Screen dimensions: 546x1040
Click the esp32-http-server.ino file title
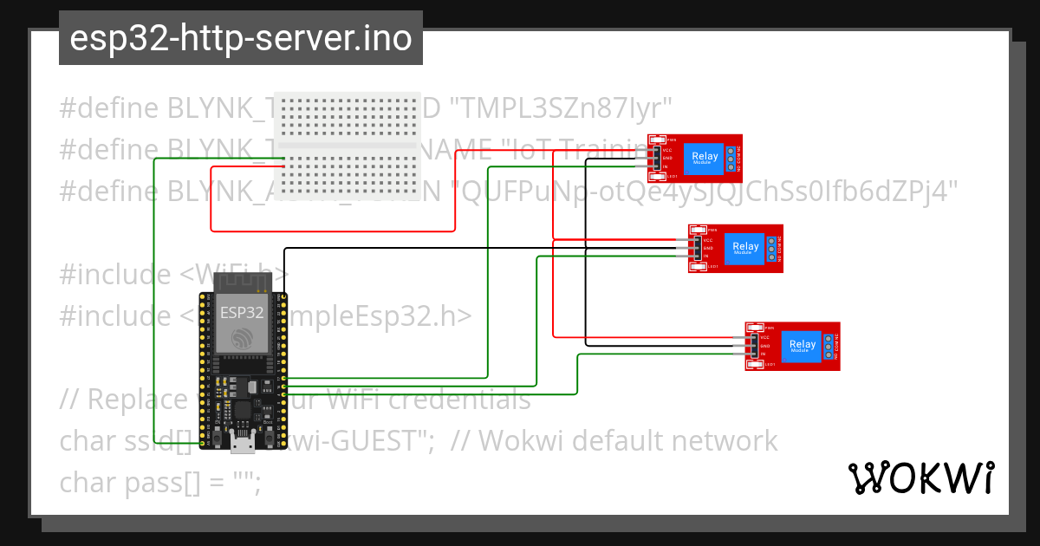tap(240, 38)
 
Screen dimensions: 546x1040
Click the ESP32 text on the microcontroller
tap(242, 312)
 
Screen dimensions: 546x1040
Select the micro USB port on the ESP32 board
tap(242, 445)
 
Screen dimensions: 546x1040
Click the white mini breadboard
tap(347, 145)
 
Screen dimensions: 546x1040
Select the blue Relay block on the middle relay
tap(744, 248)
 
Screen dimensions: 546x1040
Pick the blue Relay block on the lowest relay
tap(802, 346)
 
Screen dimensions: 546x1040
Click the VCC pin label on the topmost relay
tap(667, 150)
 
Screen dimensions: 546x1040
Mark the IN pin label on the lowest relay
tap(764, 354)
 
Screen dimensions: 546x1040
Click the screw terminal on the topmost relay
tap(731, 159)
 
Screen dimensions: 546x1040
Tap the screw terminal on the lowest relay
tap(829, 346)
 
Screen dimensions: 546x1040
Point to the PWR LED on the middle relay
tap(699, 230)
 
